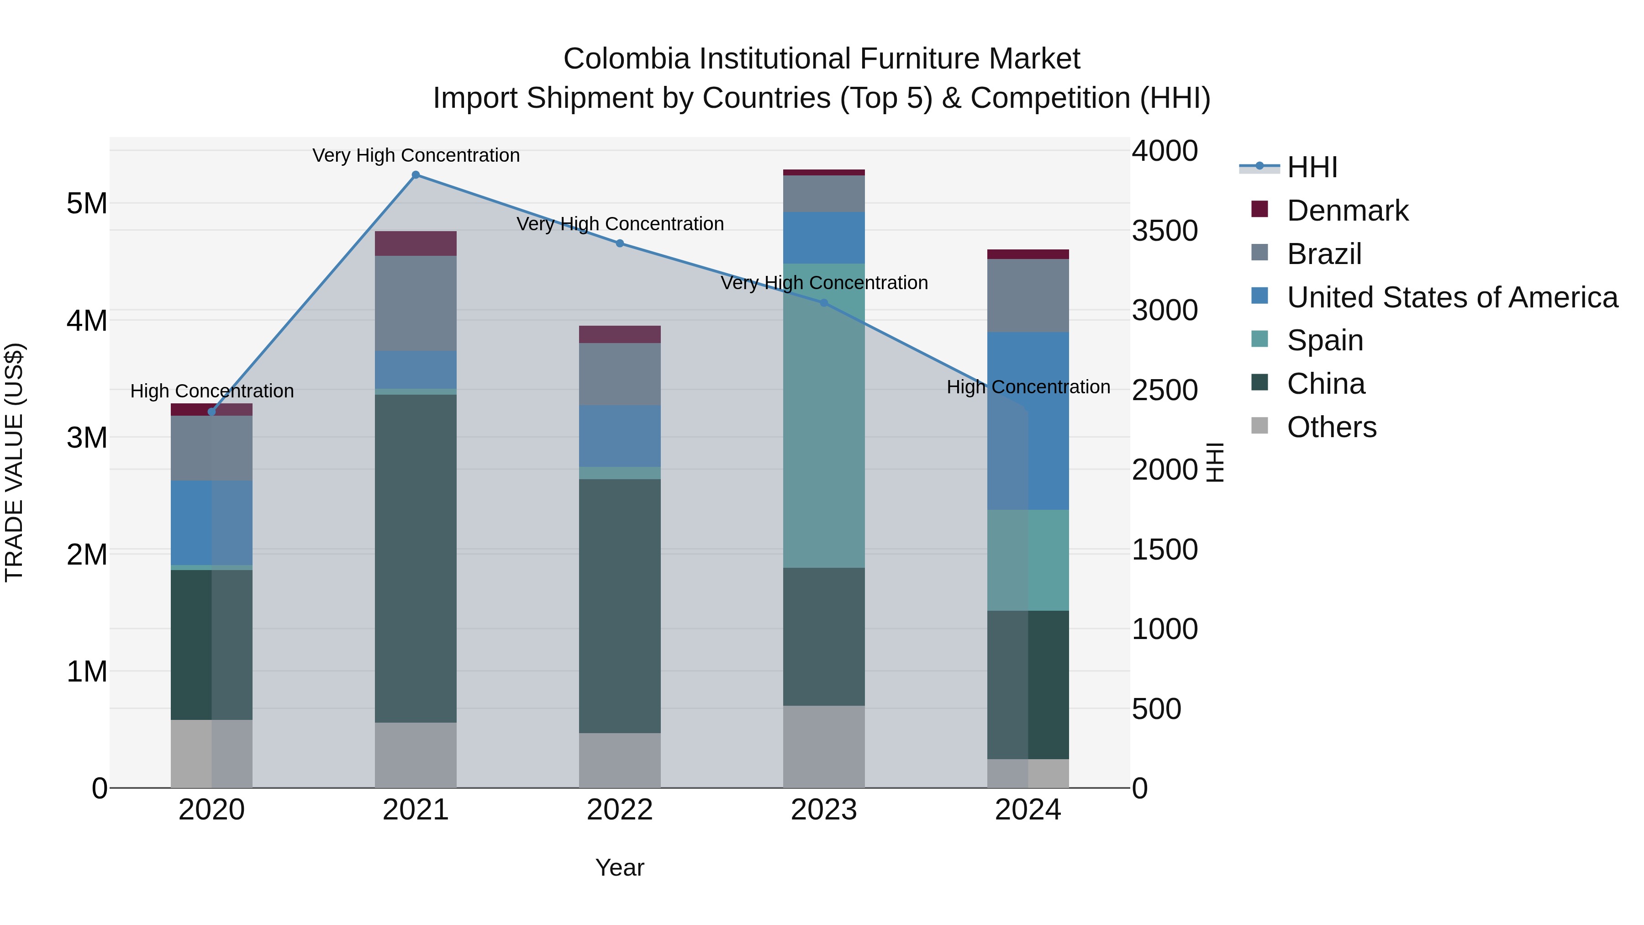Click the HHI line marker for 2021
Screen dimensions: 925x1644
pyautogui.click(x=416, y=175)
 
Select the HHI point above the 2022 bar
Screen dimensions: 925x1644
pyautogui.click(x=620, y=243)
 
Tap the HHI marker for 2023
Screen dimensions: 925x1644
pyautogui.click(x=823, y=303)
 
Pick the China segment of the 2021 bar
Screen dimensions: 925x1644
pyautogui.click(x=416, y=559)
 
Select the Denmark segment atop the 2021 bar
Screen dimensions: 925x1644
pyautogui.click(x=416, y=243)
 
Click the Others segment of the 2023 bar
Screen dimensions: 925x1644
pyautogui.click(x=823, y=746)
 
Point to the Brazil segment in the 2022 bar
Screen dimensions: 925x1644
pyautogui.click(x=620, y=374)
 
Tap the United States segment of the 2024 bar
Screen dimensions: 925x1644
pyautogui.click(x=1027, y=421)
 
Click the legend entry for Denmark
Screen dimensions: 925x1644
pyautogui.click(x=1347, y=211)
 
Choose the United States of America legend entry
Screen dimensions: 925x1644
pyautogui.click(x=1452, y=297)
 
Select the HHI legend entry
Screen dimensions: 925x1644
pyautogui.click(x=1312, y=167)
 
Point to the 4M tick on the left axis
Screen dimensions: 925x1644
pyautogui.click(x=87, y=321)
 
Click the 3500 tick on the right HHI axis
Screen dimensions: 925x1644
pyautogui.click(x=1164, y=231)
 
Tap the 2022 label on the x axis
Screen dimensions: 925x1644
pyautogui.click(x=620, y=810)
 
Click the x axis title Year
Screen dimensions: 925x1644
pyautogui.click(x=620, y=867)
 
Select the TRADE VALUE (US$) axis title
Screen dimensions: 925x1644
pyautogui.click(x=14, y=462)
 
